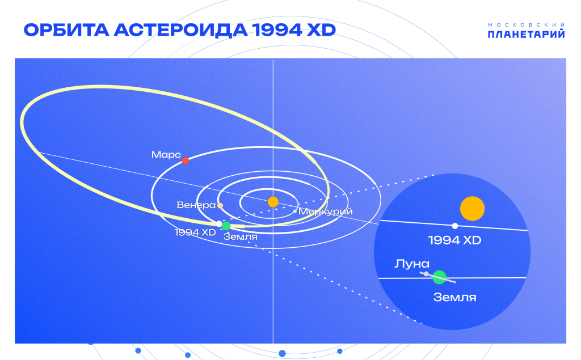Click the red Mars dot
[186, 160]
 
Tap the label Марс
[166, 154]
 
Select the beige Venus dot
[220, 206]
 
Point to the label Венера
[196, 205]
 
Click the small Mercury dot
[295, 211]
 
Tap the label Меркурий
[325, 211]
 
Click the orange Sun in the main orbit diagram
[273, 202]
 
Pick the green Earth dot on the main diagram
[226, 226]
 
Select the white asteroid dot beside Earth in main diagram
[219, 224]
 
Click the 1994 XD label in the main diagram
[195, 232]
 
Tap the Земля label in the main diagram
[240, 236]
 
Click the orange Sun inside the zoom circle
[473, 209]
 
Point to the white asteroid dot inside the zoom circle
[455, 226]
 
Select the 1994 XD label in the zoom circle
[454, 240]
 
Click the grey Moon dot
[426, 274]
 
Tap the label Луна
[412, 264]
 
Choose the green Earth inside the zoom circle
[440, 277]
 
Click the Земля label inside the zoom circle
[454, 298]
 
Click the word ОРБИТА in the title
[66, 30]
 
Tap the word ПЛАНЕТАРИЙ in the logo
[526, 35]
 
